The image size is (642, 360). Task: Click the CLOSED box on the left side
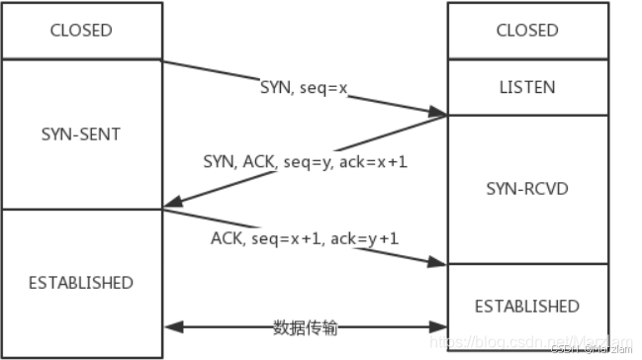[x=81, y=30]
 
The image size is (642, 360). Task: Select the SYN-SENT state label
[x=81, y=133]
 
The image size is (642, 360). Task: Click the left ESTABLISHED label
[x=81, y=283]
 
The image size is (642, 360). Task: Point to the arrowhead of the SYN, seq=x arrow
[x=440, y=114]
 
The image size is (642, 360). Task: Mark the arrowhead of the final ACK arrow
[x=439, y=262]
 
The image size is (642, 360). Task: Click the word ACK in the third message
[x=227, y=239]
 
